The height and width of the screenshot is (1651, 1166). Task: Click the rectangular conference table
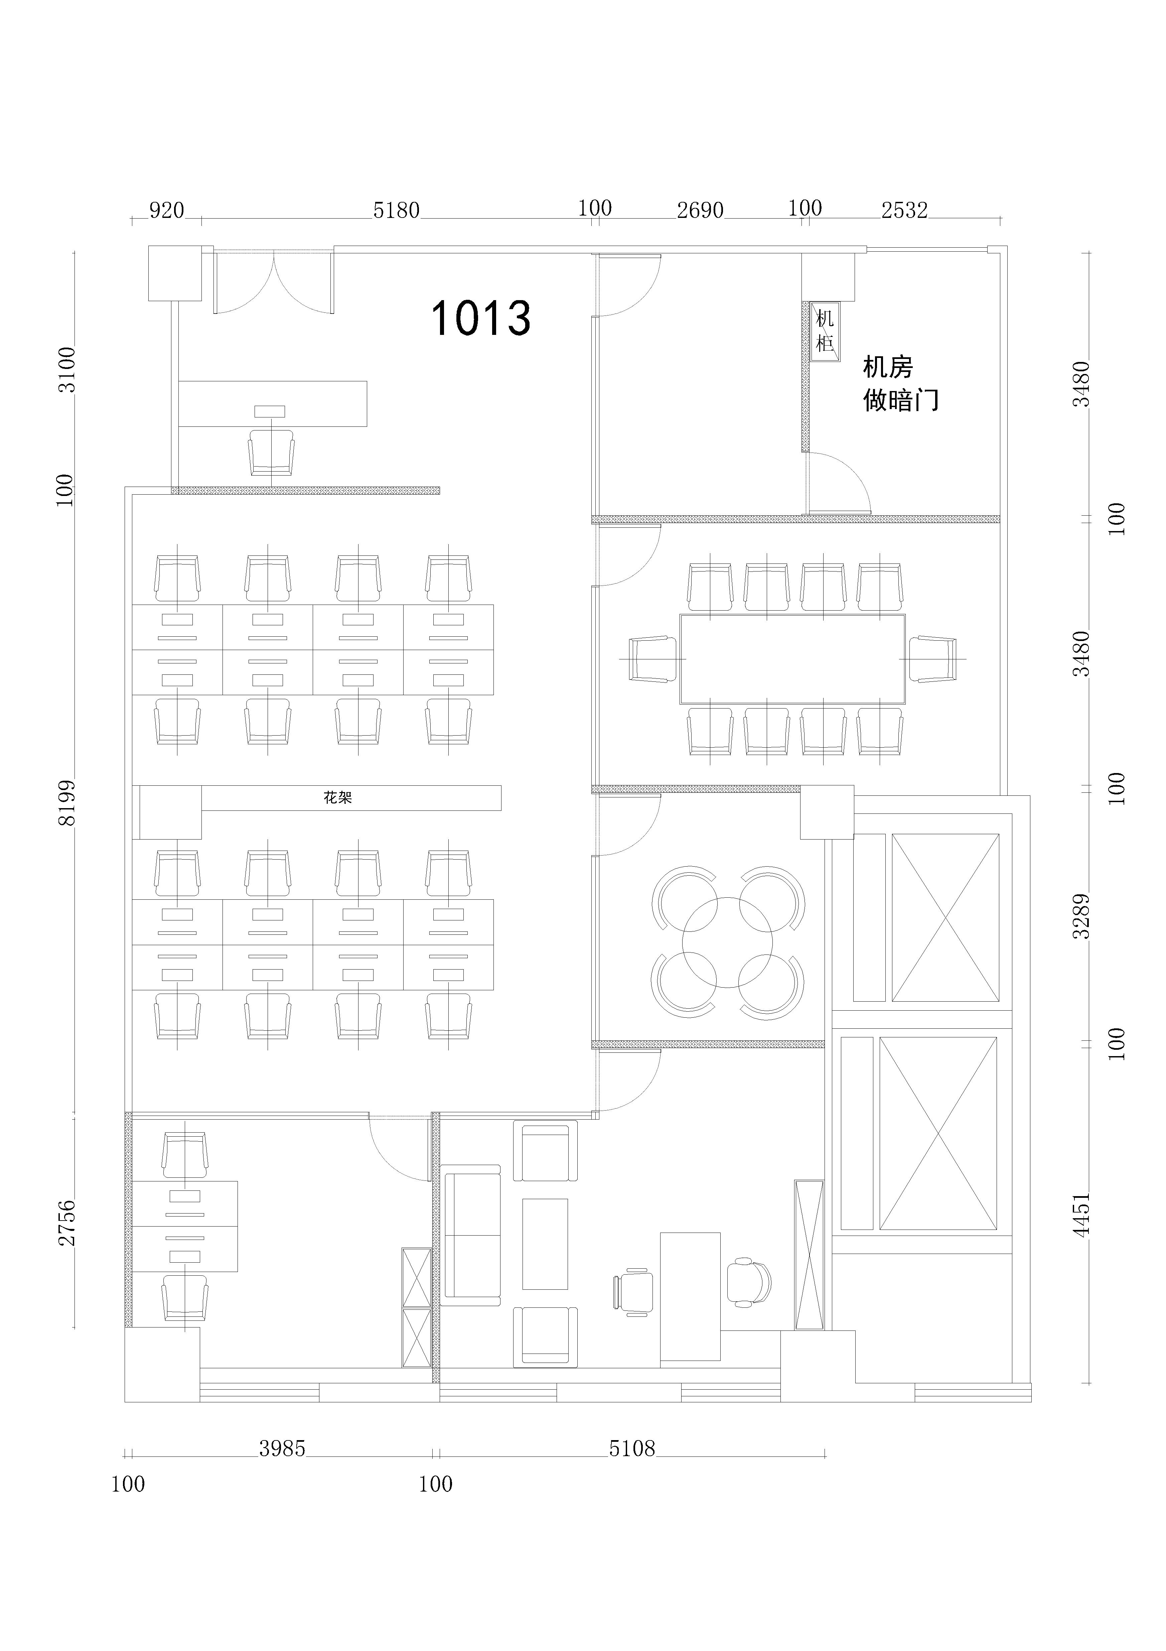pos(792,659)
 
